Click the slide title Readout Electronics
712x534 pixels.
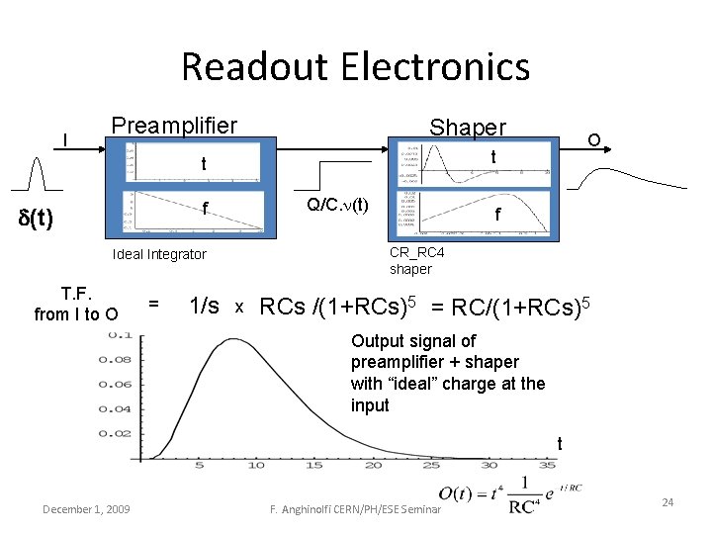(x=356, y=67)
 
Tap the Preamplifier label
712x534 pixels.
(x=174, y=126)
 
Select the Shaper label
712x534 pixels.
(x=467, y=128)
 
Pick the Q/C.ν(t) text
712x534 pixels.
(x=337, y=206)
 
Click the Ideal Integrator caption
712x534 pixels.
(x=159, y=255)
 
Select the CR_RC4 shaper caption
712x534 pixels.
(x=410, y=260)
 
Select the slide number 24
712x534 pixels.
(x=667, y=503)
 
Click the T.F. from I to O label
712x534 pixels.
(x=76, y=305)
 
